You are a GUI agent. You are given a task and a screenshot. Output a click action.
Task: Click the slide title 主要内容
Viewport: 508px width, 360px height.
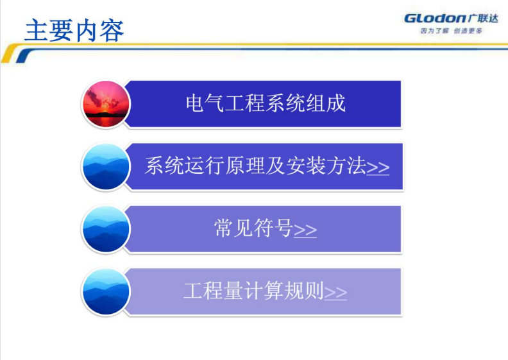[x=74, y=30]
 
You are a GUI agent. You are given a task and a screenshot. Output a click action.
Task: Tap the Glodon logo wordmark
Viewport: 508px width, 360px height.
[x=435, y=18]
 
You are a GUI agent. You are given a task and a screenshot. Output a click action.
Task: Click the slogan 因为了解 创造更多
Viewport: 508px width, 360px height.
[x=452, y=31]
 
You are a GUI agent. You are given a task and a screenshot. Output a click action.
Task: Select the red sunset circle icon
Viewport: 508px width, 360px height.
[x=106, y=104]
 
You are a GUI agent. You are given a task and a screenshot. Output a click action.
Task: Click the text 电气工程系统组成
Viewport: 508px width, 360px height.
[x=266, y=103]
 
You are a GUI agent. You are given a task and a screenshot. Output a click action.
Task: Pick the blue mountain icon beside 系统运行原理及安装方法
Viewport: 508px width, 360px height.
[x=106, y=167]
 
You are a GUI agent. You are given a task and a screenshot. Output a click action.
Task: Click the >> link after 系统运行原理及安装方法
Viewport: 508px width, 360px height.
[x=378, y=168]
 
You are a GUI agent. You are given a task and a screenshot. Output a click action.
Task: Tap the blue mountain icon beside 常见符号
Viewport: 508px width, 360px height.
[x=106, y=229]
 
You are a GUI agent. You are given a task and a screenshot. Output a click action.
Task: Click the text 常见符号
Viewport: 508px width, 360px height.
[x=253, y=228]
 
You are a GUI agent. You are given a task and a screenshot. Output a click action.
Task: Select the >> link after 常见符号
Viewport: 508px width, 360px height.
[x=305, y=230]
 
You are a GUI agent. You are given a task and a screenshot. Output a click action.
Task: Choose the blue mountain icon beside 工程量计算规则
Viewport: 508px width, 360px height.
[x=106, y=291]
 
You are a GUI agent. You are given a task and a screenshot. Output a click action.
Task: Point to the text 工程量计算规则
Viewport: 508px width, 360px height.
[x=253, y=290]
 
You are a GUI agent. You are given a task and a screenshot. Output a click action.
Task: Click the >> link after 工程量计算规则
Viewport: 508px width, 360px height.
[x=335, y=293]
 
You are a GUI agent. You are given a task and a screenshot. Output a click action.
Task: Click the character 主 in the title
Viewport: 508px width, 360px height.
[x=37, y=30]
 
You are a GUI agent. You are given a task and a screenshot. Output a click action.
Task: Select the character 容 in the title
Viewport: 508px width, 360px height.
[x=112, y=30]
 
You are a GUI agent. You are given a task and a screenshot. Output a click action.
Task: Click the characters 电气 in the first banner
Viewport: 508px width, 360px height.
[x=205, y=103]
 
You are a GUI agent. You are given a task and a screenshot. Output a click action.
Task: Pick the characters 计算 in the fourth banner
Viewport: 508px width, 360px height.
[x=264, y=290]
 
